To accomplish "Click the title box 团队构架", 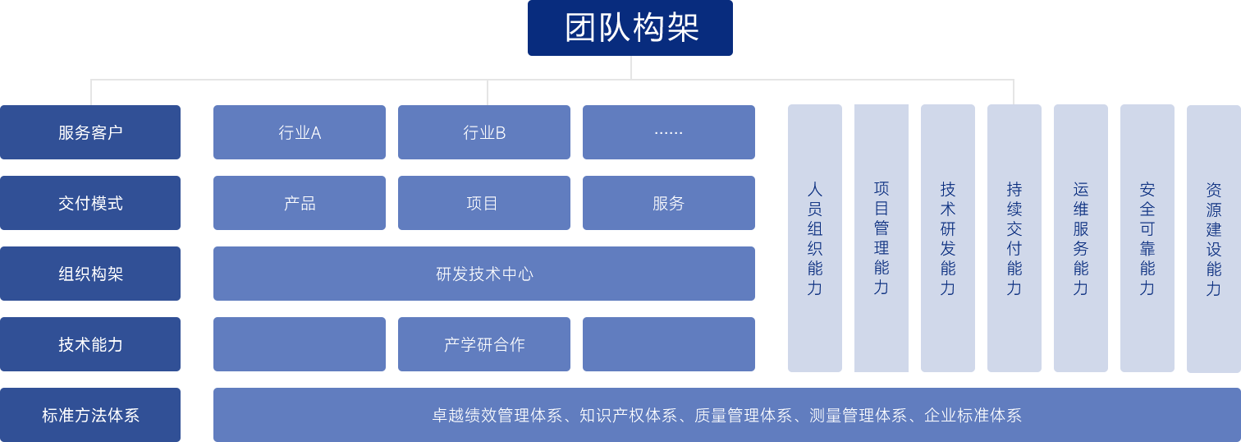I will coord(630,28).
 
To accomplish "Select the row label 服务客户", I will coord(90,132).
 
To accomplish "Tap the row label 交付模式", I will coord(90,203).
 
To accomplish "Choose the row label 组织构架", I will coord(90,274).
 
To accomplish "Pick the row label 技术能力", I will coord(90,344).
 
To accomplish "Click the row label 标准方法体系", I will coord(90,415).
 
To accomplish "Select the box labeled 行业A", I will coord(299,132).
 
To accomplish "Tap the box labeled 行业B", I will coord(483,132).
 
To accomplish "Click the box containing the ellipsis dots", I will coord(668,132).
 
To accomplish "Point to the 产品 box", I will coord(299,203).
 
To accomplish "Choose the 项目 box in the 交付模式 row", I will coord(483,203).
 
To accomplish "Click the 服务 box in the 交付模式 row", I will coord(668,203).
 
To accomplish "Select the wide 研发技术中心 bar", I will coord(483,274).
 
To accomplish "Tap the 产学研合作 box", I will coord(483,344).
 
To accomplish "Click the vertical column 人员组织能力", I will coord(814,238).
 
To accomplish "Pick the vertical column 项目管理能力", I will coord(881,238).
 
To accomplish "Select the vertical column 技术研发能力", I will coord(947,238).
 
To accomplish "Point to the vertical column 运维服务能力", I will coord(1080,238).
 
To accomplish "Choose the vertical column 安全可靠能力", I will coord(1147,238).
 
